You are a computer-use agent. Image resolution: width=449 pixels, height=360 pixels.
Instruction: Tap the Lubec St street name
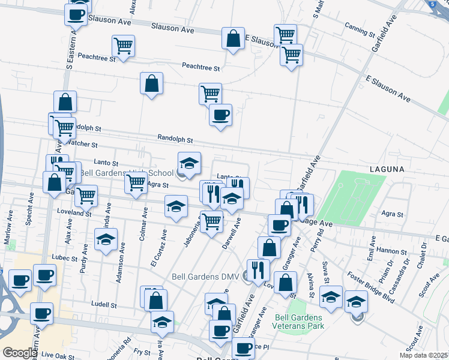pyautogui.click(x=67, y=257)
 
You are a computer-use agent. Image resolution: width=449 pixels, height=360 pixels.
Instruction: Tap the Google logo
pyautogui.click(x=20, y=353)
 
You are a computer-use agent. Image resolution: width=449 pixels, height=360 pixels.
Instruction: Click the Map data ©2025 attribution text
pyautogui.click(x=423, y=356)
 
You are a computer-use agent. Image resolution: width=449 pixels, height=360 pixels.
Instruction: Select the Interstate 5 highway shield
pyautogui.click(x=432, y=4)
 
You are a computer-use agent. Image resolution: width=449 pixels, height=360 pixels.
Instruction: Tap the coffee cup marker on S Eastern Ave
pyautogui.click(x=76, y=14)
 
